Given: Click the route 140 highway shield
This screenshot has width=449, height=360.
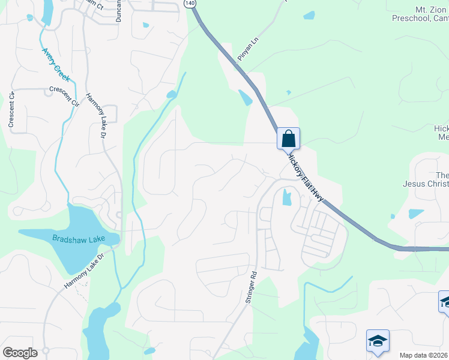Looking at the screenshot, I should point(190,4).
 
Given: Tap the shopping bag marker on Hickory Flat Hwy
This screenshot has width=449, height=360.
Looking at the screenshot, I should point(288,139).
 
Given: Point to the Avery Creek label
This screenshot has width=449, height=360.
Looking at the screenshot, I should point(56,65).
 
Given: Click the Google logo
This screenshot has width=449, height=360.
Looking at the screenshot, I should point(20,353).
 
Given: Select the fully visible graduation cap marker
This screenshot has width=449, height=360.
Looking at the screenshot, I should point(378,341).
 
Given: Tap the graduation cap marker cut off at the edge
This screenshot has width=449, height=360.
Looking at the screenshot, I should point(444,302).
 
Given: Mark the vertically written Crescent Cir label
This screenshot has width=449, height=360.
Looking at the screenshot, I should point(11,109).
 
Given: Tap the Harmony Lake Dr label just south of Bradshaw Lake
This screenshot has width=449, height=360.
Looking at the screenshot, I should point(83,270).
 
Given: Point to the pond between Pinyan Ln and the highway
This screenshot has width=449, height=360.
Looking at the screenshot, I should point(246,97).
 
